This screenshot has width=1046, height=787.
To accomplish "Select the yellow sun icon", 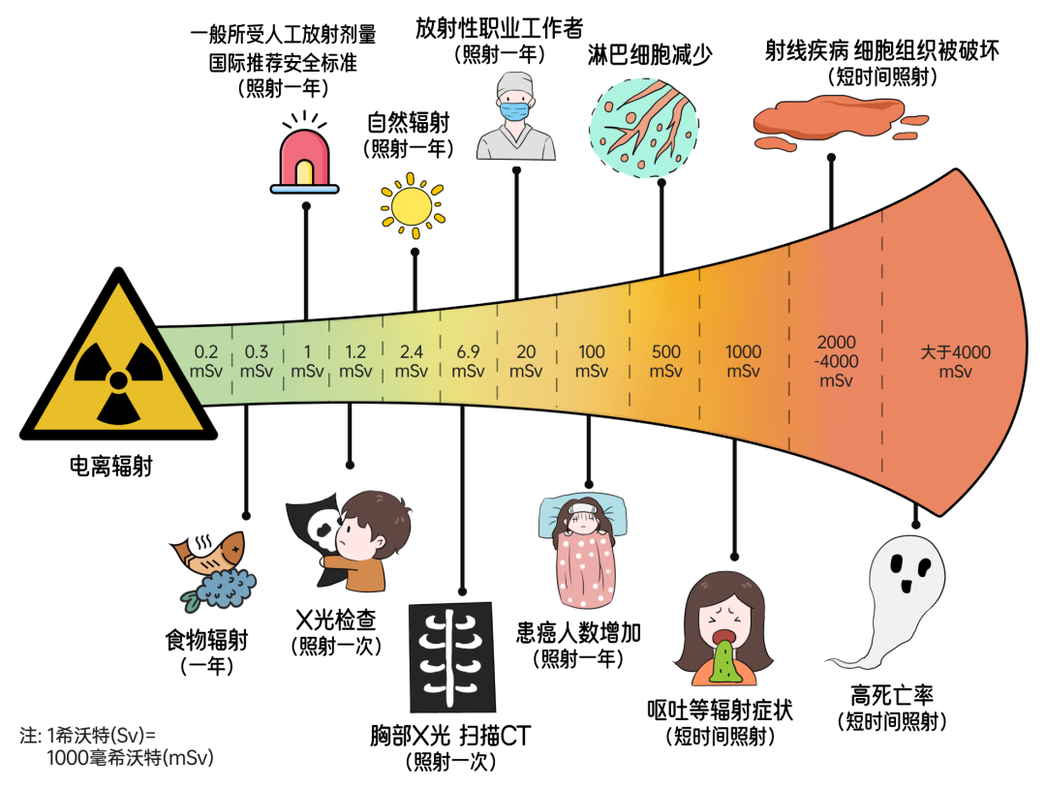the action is coord(413,205).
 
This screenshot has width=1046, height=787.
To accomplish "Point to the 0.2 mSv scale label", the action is coord(206,361).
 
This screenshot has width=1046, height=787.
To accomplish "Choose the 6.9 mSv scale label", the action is coord(468,361).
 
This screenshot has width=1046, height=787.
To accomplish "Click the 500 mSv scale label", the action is coord(665,361).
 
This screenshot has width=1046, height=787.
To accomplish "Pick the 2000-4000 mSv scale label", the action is coord(836,361).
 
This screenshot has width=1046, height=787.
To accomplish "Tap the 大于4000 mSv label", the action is coord(955,361).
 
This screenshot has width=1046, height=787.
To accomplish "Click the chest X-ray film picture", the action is coord(451,657).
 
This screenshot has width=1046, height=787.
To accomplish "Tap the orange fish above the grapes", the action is coord(208,551).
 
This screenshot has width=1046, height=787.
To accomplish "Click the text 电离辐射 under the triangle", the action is coord(110,466).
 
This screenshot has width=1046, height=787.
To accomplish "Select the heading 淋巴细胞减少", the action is coord(650,54).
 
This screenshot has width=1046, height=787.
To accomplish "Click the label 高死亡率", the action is coord(892,696).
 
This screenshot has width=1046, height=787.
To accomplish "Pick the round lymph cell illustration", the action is coord(644,128).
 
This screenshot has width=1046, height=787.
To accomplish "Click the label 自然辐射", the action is coord(409,123).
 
